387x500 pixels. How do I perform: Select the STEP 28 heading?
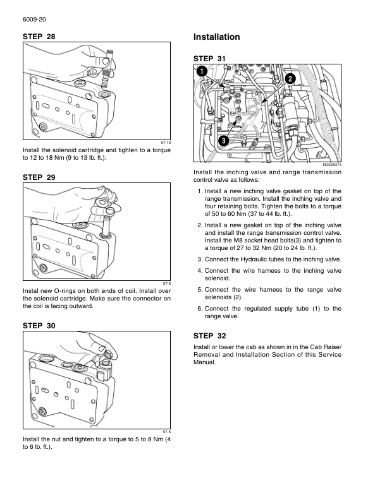pyautogui.click(x=39, y=37)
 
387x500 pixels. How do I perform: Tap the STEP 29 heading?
pyautogui.click(x=39, y=179)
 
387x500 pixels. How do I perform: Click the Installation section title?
pyautogui.click(x=217, y=37)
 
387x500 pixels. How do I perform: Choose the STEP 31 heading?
pyautogui.click(x=209, y=58)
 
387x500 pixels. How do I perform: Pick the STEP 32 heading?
pyautogui.click(x=209, y=335)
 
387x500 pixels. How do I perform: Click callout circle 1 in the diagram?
pyautogui.click(x=201, y=71)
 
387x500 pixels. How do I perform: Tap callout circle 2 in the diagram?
pyautogui.click(x=290, y=78)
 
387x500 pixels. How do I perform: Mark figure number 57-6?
pyautogui.click(x=166, y=283)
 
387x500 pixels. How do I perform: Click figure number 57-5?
pyautogui.click(x=166, y=432)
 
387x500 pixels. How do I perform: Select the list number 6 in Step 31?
pyautogui.click(x=200, y=308)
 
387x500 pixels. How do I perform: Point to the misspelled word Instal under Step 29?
pyautogui.click(x=30, y=290)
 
